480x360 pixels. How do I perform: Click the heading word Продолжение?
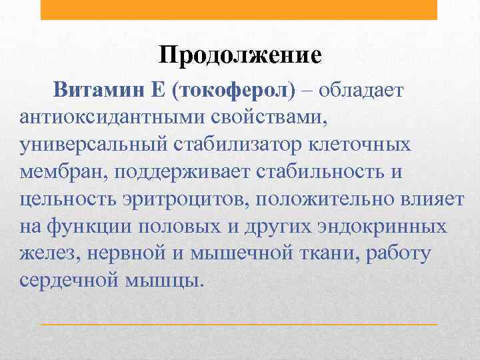point(240,54)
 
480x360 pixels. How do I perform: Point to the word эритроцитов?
point(188,199)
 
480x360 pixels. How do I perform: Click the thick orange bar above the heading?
point(239,9)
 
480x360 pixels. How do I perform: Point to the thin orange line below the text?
point(239,324)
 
